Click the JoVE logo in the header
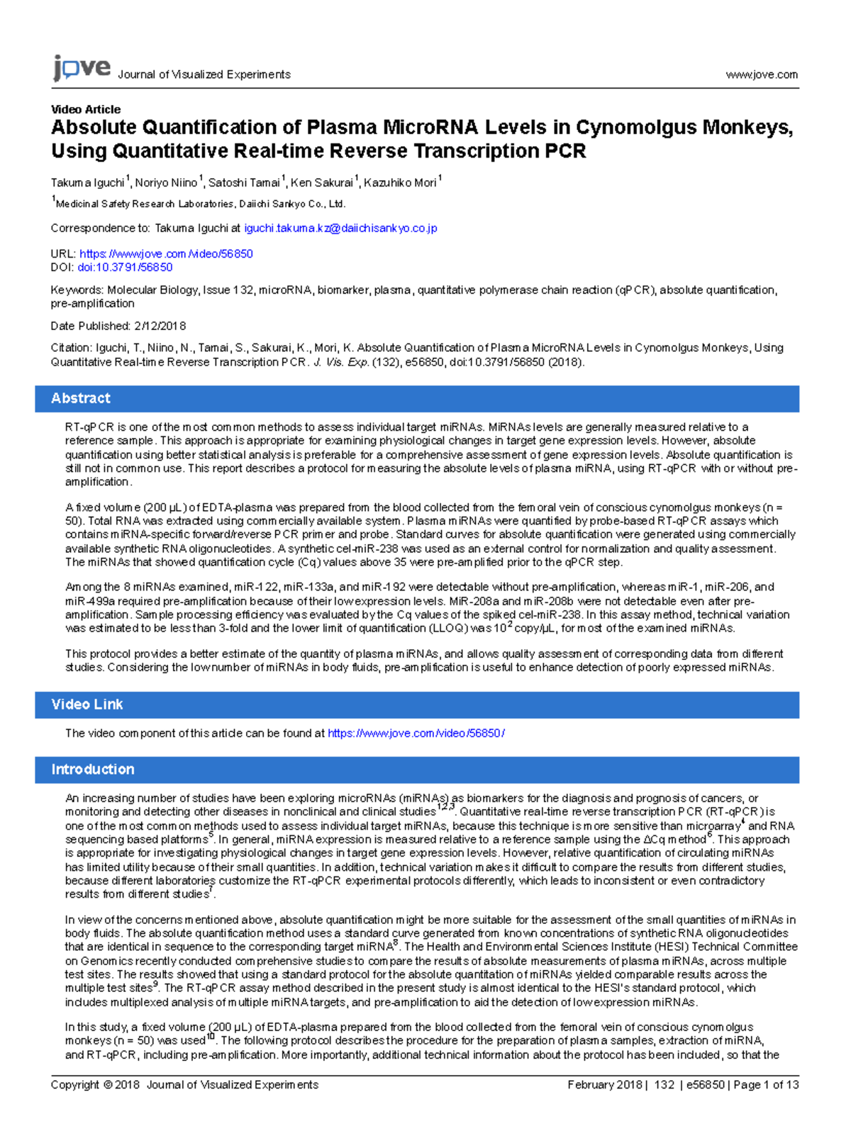82,68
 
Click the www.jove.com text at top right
762,75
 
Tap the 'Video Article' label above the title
86,109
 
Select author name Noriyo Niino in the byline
166,183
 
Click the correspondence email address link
340,229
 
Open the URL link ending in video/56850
166,254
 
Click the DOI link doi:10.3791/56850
125,268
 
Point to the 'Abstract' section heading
81,399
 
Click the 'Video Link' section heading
87,705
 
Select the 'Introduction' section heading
92,769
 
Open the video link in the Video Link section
416,733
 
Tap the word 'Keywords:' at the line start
77,290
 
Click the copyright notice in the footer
184,1085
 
